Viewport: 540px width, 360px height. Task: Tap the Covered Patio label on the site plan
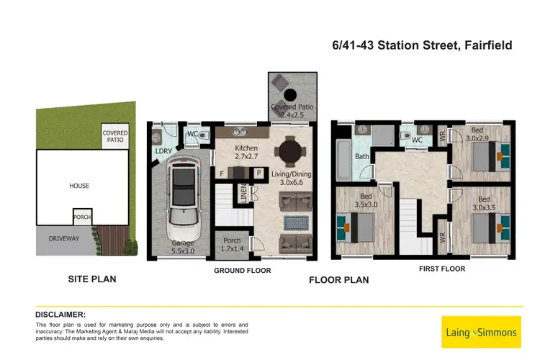coord(116,137)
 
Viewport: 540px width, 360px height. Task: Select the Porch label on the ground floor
coord(232,244)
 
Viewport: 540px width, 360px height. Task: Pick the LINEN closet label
coord(243,193)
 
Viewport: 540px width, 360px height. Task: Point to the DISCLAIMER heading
coord(60,315)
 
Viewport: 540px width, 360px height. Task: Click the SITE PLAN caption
coord(91,279)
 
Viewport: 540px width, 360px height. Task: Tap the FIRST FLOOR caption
coord(442,269)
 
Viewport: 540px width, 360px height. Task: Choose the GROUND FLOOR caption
coord(243,271)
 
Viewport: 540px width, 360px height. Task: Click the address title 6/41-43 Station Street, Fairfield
coord(423,45)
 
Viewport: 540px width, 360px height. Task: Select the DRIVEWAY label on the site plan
coord(63,237)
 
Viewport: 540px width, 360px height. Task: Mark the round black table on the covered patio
coord(292,94)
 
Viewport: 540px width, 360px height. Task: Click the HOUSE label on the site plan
coord(79,186)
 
